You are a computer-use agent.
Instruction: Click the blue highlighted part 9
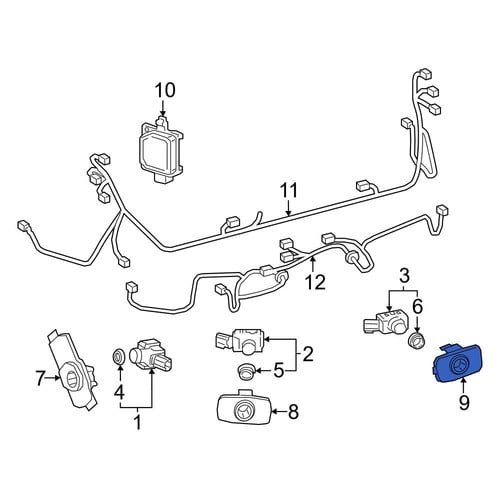[458, 363]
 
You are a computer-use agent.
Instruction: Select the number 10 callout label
[165, 90]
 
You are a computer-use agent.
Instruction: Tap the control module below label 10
[161, 148]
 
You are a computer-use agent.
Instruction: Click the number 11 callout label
[289, 191]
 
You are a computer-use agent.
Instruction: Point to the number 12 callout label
[315, 282]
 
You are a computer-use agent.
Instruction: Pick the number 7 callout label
[40, 378]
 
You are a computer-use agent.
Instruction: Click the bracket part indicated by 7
[73, 370]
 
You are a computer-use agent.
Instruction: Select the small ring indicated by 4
[118, 357]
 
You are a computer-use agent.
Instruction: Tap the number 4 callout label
[119, 392]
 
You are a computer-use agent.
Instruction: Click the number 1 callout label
[137, 423]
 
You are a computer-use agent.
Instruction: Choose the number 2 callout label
[308, 354]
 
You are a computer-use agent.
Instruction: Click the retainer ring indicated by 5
[246, 371]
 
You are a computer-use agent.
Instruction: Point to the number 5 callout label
[279, 370]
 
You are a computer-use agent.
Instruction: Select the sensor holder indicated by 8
[244, 407]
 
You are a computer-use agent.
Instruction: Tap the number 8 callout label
[293, 412]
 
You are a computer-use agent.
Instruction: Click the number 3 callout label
[404, 276]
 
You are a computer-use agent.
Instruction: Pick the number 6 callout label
[418, 306]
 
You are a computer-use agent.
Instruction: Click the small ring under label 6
[417, 340]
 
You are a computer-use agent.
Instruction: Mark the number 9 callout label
[464, 402]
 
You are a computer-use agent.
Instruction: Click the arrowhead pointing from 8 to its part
[275, 412]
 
